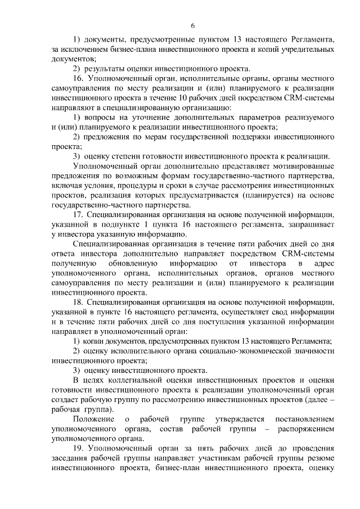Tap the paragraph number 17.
(x=78, y=214)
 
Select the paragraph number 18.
(x=78, y=302)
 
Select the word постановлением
(x=304, y=419)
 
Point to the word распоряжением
(x=305, y=429)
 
